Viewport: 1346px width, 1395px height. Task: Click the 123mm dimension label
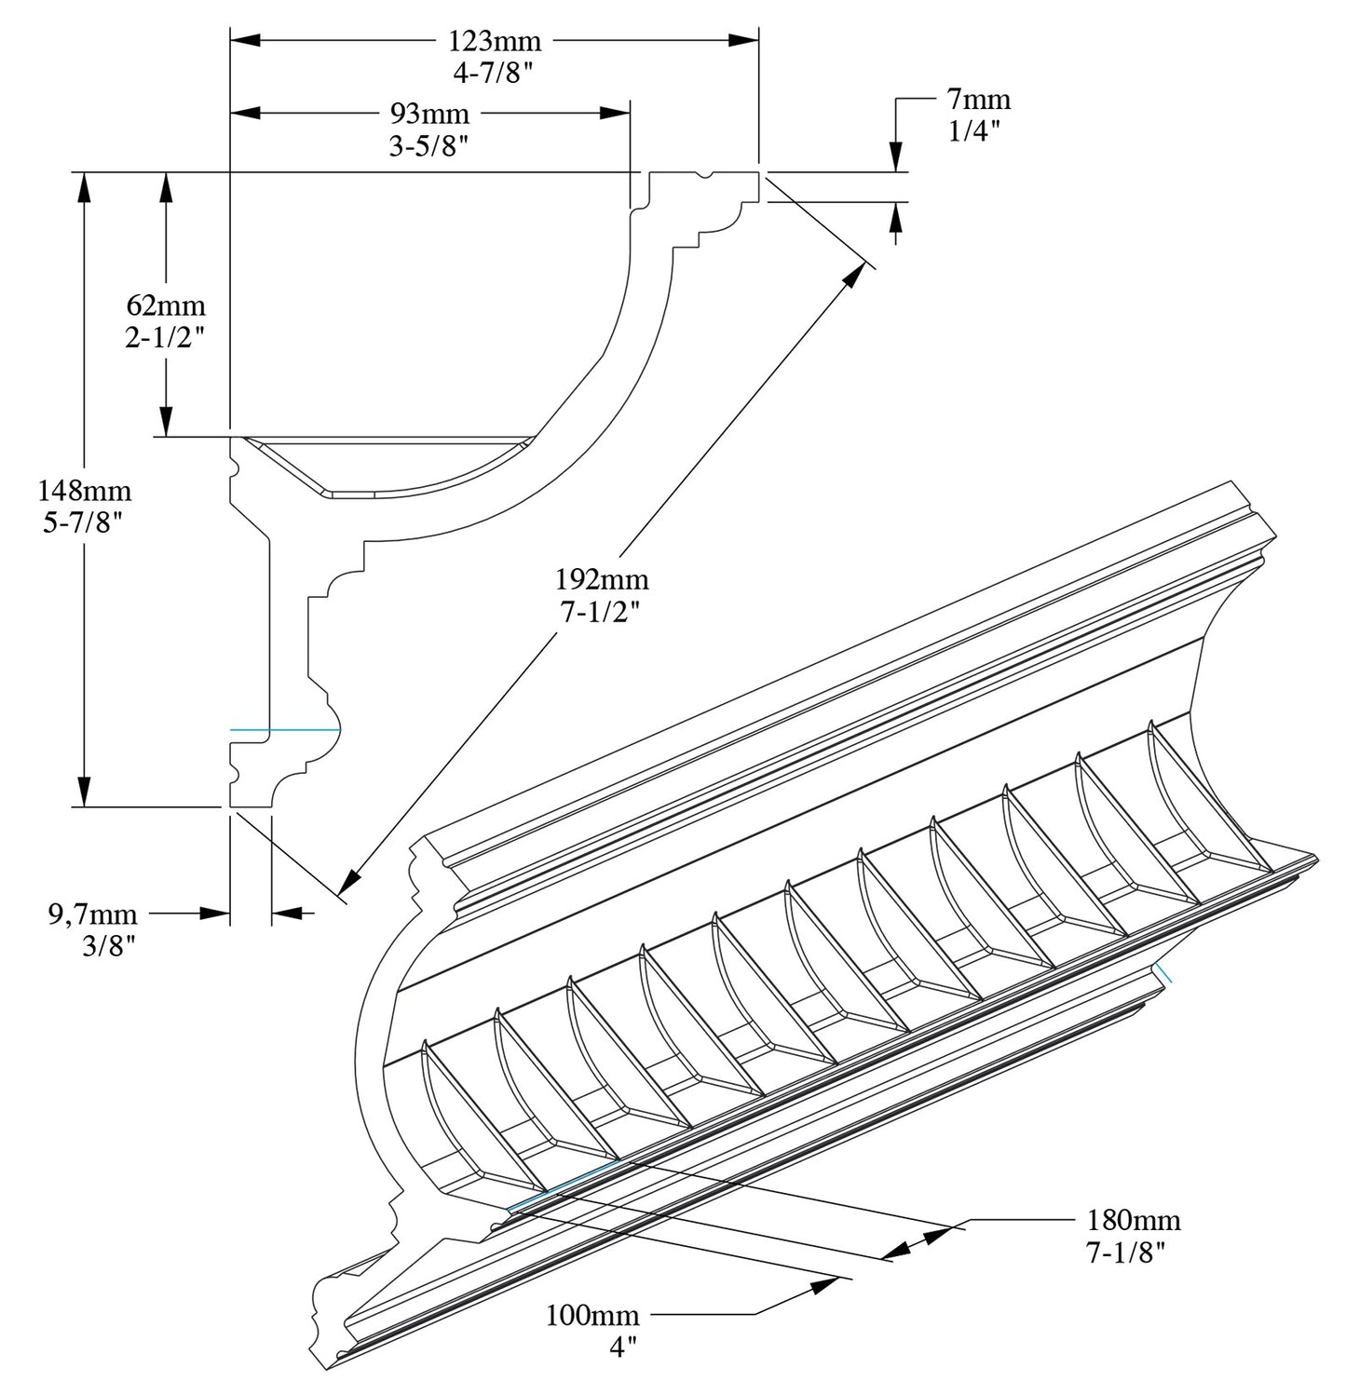[x=494, y=42]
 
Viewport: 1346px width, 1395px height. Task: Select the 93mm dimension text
[x=428, y=115]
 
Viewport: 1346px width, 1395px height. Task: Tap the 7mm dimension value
[x=979, y=100]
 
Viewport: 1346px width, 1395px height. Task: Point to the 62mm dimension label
[x=166, y=305]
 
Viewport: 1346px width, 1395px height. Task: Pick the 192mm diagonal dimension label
[x=602, y=580]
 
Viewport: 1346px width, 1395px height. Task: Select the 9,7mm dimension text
[x=92, y=914]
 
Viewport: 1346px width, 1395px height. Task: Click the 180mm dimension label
[x=1134, y=1220]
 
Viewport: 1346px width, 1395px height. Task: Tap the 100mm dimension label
[x=592, y=1315]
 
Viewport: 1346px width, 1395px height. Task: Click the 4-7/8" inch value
[x=494, y=74]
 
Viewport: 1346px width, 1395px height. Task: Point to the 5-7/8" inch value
[x=84, y=522]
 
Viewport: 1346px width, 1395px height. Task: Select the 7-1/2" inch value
[x=602, y=613]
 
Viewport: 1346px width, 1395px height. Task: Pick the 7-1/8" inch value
[x=1126, y=1253]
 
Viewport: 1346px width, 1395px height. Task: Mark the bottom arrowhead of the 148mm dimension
[x=85, y=791]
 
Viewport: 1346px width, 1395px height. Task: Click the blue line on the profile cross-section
[x=284, y=729]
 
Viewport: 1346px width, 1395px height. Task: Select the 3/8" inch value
[x=110, y=947]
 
